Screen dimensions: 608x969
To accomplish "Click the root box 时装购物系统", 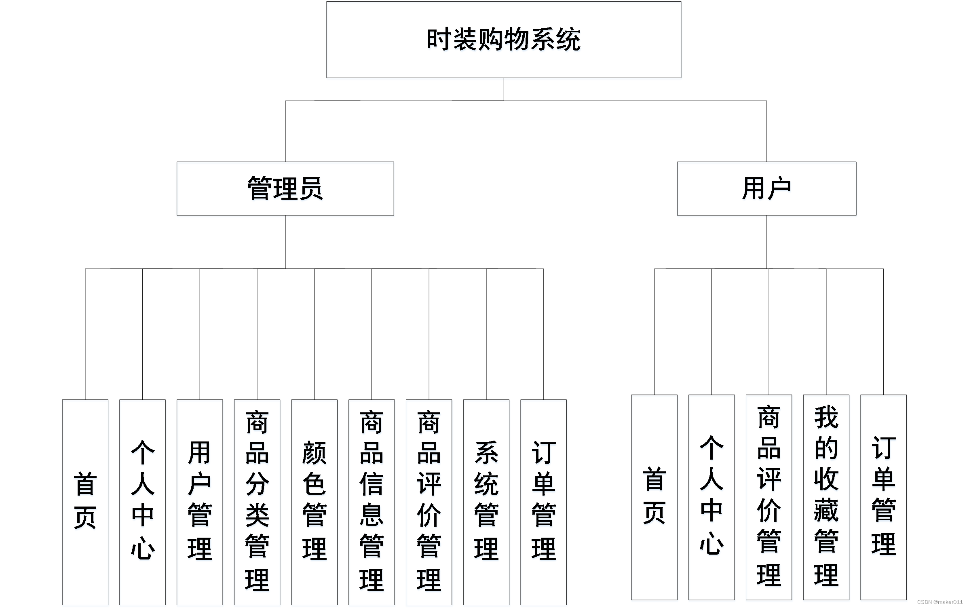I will click(503, 40).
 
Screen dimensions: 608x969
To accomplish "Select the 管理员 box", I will click(285, 188).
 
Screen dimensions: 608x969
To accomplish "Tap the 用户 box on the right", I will click(766, 188).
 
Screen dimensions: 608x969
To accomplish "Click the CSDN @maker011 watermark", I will click(939, 602).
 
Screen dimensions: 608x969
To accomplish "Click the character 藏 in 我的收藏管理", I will click(826, 510).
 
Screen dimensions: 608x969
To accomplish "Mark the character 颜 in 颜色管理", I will click(314, 453).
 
